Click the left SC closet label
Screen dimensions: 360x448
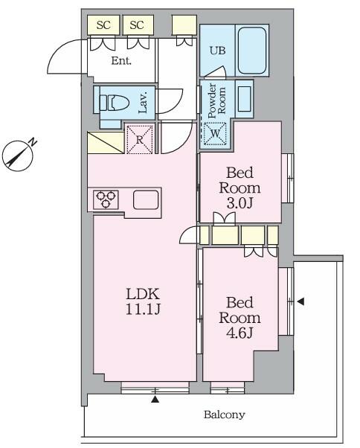pyautogui.click(x=103, y=25)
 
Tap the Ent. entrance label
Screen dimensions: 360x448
pyautogui.click(x=121, y=60)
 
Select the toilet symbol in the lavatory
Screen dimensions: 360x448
pyautogui.click(x=115, y=103)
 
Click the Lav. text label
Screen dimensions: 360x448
pyautogui.click(x=143, y=102)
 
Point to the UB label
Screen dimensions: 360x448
pyautogui.click(x=217, y=51)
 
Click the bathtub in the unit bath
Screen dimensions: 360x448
pyautogui.click(x=252, y=51)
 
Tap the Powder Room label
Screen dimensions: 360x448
pyautogui.click(x=216, y=100)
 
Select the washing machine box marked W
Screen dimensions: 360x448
pyautogui.click(x=215, y=133)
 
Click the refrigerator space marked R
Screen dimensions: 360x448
pyautogui.click(x=140, y=139)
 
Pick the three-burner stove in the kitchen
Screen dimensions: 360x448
pyautogui.click(x=106, y=199)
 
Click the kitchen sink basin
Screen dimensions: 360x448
pyautogui.click(x=146, y=199)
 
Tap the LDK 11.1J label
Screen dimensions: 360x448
pyautogui.click(x=143, y=301)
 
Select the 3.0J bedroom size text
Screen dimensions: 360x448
pyautogui.click(x=240, y=203)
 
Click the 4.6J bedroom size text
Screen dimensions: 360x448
pyautogui.click(x=240, y=333)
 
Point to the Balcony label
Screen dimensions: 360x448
pyautogui.click(x=225, y=415)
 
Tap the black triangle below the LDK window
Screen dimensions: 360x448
pyautogui.click(x=155, y=399)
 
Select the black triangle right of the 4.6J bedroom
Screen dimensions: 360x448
pyautogui.click(x=300, y=301)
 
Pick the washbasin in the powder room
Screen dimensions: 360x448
pyautogui.click(x=245, y=98)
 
